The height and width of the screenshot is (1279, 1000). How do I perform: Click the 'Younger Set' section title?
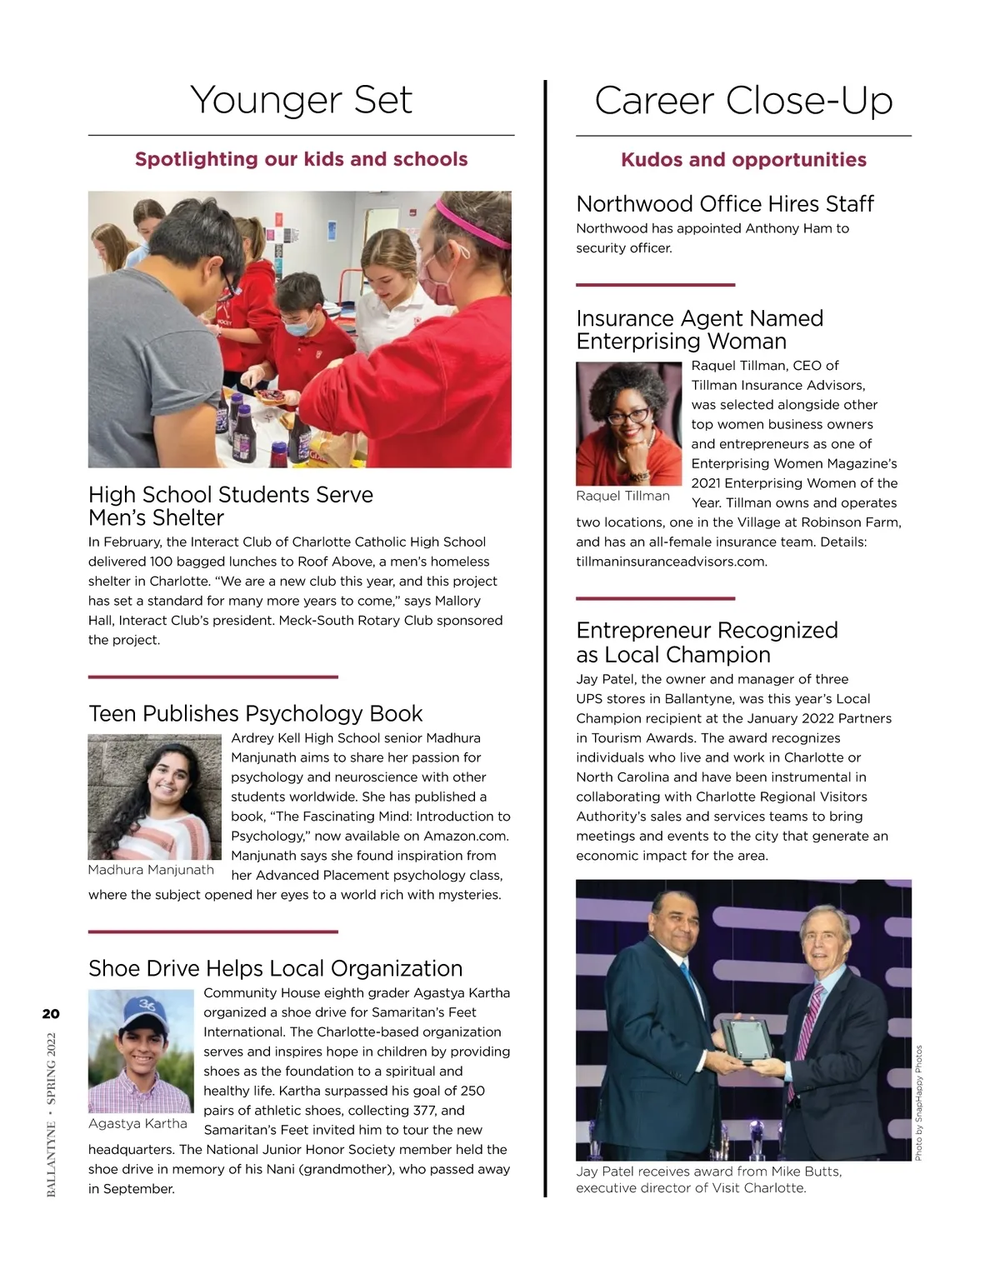301,100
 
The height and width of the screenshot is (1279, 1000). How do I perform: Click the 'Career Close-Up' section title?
743,101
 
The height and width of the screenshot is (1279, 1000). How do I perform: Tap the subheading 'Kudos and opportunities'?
743,160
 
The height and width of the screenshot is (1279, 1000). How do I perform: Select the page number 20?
51,1014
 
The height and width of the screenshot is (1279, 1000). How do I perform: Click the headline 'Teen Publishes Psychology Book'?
256,714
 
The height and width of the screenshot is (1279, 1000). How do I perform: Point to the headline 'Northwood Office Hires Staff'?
725,204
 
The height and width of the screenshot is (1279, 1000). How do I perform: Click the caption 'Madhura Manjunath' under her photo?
151,870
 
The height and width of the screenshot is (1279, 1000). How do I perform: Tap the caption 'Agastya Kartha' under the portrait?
137,1124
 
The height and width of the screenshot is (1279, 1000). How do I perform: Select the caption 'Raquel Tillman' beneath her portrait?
622,496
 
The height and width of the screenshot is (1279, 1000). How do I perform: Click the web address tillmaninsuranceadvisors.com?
672,562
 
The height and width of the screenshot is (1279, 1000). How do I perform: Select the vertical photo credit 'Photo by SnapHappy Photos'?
919,1102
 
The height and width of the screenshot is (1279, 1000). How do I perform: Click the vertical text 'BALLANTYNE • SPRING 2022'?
52,1115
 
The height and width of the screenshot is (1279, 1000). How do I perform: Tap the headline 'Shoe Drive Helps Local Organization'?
275,968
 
